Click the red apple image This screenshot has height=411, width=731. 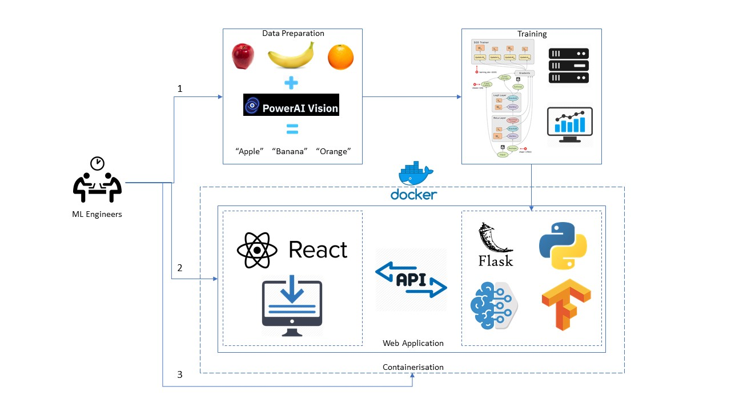242,57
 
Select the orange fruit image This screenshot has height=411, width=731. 340,58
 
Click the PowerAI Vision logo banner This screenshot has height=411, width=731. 291,105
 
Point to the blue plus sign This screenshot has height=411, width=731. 291,83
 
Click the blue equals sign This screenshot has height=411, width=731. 292,130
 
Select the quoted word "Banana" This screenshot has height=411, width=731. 290,151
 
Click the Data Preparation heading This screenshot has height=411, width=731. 293,33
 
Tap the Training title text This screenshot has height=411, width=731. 532,34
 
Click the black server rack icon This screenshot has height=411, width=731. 568,66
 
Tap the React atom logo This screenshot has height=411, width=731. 257,250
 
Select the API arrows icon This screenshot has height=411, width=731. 411,280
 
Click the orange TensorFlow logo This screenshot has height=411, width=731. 565,304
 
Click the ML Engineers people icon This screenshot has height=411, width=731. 97,181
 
